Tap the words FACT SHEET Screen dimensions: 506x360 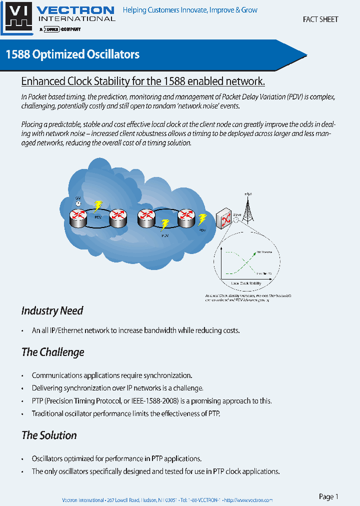pyautogui.click(x=320, y=19)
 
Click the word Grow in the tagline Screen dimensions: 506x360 pyautogui.click(x=249, y=10)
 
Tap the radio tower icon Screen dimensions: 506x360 pyautogui.click(x=248, y=207)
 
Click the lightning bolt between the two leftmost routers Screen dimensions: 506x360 pyautogui.click(x=98, y=205)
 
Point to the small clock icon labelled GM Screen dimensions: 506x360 pyautogui.click(x=78, y=202)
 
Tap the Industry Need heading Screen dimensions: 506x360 pyautogui.click(x=52, y=310)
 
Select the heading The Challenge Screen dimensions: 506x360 pyautogui.click(x=52, y=352)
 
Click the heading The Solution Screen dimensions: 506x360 pyautogui.click(x=49, y=435)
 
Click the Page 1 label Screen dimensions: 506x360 pyautogui.click(x=328, y=496)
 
